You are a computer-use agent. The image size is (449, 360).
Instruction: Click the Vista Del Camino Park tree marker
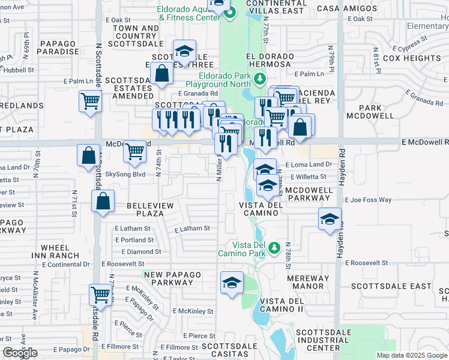(274, 247)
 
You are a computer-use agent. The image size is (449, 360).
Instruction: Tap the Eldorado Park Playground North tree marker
(259, 79)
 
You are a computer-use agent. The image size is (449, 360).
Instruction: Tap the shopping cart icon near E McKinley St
(100, 295)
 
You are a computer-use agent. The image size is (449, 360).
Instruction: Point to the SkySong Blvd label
(125, 174)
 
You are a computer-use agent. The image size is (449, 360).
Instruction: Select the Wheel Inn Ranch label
(60, 251)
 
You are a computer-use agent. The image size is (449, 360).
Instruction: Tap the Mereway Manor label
(309, 283)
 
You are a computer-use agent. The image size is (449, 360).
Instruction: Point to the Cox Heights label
(412, 58)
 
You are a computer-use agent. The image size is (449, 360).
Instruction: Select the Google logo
(20, 353)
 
